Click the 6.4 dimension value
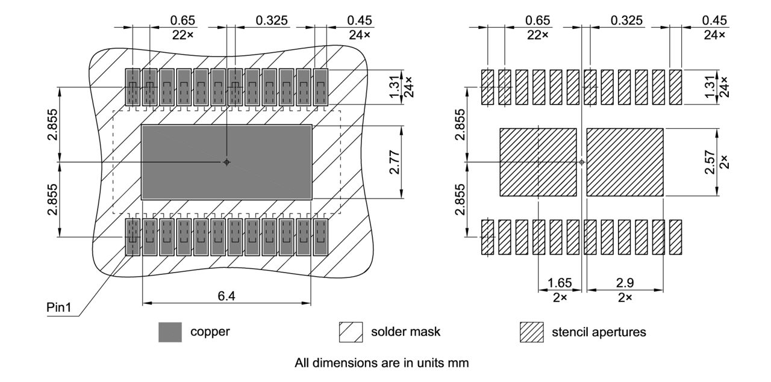226,295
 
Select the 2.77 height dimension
394,162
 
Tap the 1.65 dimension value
560,284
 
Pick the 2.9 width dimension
625,284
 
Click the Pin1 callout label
60,307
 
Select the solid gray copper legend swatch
170,332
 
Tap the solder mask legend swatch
351,332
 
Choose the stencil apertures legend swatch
531,332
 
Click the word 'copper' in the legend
210,331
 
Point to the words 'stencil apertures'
599,332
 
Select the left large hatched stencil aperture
538,162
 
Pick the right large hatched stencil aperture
625,162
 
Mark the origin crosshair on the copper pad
226,162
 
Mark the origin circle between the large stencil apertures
581,162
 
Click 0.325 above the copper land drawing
272,20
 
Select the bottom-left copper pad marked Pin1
133,237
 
